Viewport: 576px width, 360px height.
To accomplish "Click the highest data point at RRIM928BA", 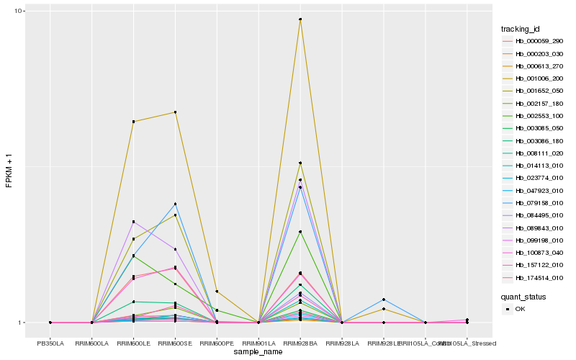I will [300, 19].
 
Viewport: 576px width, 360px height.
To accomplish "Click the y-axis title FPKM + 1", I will [9, 167].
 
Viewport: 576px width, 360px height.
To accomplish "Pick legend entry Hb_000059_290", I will [538, 42].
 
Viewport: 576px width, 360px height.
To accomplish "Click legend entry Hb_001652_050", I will [538, 91].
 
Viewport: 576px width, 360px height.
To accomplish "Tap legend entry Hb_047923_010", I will [538, 190].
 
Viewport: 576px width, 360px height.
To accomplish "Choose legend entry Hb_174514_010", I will [538, 277].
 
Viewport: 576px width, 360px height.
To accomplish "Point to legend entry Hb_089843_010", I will [538, 228].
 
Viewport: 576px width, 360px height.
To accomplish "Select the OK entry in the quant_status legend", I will [520, 309].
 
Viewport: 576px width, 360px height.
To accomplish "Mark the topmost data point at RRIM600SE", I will [175, 112].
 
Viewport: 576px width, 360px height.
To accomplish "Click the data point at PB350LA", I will [50, 323].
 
